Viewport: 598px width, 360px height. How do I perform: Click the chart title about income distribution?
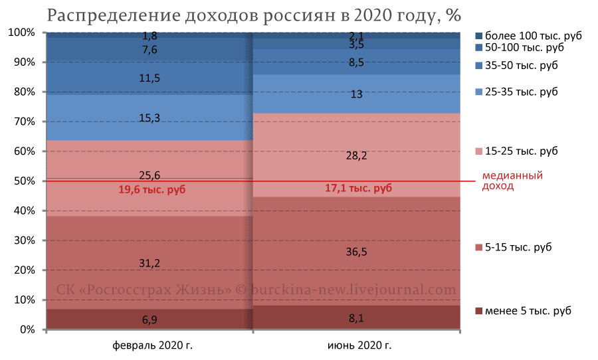(x=253, y=15)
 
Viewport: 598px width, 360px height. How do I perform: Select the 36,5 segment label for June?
(x=356, y=252)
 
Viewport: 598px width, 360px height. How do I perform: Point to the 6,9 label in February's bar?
(x=149, y=320)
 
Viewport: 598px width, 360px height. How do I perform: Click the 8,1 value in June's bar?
(x=356, y=319)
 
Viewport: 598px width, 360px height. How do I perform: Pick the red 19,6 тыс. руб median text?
(x=152, y=190)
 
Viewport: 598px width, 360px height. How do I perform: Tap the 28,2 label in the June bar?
(x=356, y=156)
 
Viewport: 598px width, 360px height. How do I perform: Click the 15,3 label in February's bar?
(x=149, y=118)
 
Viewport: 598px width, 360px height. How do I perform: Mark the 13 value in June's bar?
(x=356, y=94)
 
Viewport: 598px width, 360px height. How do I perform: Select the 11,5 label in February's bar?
(x=149, y=78)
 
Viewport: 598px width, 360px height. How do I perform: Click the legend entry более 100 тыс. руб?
(x=528, y=36)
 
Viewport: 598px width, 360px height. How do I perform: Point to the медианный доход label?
(x=512, y=181)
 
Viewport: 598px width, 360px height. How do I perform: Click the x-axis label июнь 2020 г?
(x=359, y=346)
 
